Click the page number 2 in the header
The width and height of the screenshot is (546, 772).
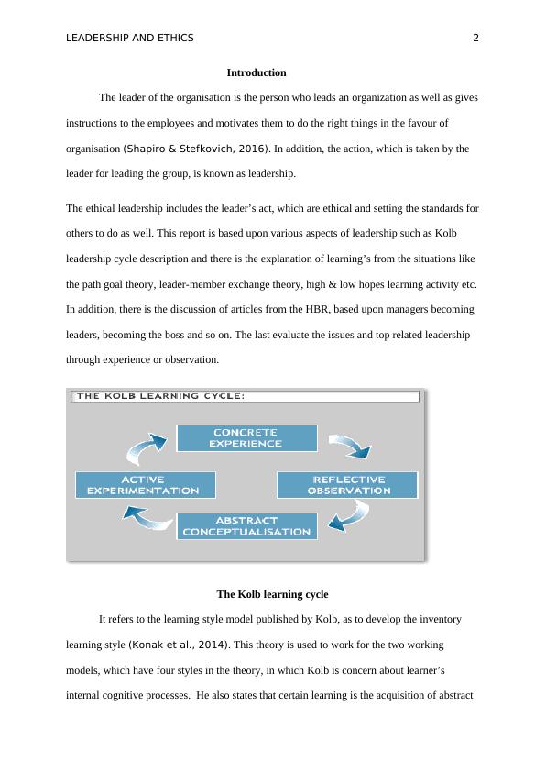click(x=475, y=38)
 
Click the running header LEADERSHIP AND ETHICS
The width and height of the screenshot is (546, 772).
click(x=130, y=38)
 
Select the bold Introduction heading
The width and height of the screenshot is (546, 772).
click(x=257, y=72)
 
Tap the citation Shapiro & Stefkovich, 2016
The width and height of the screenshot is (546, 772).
click(x=196, y=149)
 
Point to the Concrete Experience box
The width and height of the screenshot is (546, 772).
click(x=246, y=437)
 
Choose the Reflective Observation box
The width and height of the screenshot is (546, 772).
click(x=347, y=485)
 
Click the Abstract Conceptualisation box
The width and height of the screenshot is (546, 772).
click(x=246, y=526)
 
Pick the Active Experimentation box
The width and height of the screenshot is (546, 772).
click(x=146, y=485)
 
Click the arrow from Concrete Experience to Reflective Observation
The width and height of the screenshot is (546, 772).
click(x=350, y=445)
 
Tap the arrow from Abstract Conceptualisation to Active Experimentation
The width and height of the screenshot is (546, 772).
click(x=146, y=520)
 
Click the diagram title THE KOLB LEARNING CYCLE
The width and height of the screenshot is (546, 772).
click(x=160, y=396)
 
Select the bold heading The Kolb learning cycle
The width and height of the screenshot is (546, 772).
click(x=272, y=594)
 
